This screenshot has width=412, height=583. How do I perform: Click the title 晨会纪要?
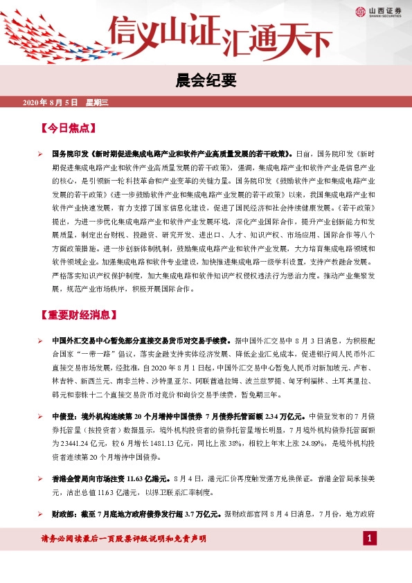tap(206, 82)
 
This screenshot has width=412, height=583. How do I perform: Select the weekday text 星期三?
tap(98, 102)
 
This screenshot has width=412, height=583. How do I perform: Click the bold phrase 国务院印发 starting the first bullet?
tap(70, 154)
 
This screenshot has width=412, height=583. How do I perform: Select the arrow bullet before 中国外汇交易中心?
tap(41, 341)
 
